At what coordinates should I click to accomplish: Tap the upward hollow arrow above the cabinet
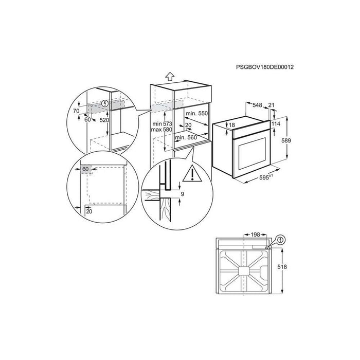point(170,76)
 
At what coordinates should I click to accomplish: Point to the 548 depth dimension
point(258,105)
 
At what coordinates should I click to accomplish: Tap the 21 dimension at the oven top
point(272,105)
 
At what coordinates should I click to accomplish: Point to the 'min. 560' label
point(186,137)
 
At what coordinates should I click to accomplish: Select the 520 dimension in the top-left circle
point(104,119)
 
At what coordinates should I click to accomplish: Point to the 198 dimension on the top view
point(255,235)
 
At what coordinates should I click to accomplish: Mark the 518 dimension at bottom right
point(293,267)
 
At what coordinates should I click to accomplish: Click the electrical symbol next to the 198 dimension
point(280,239)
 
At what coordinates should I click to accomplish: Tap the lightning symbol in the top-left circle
point(106,103)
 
